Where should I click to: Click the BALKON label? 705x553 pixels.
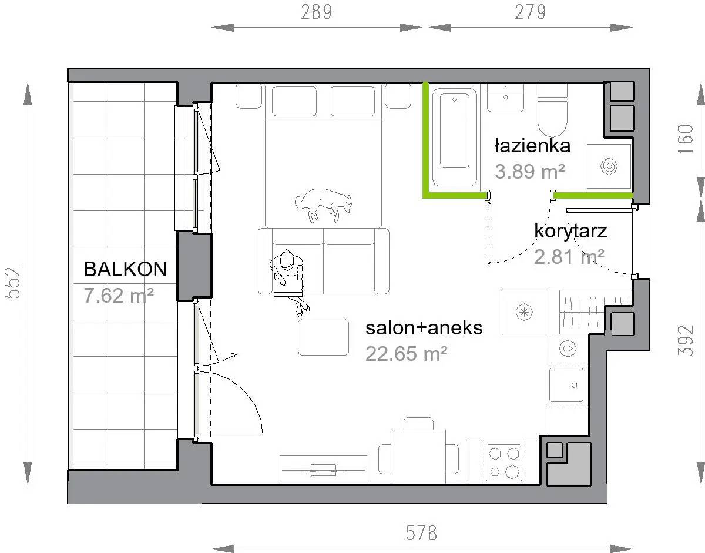[125, 269]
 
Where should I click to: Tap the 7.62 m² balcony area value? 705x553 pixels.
[119, 296]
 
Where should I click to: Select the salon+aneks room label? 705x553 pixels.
[424, 328]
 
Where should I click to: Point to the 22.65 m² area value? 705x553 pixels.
[407, 353]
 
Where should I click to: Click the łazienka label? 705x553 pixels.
[532, 145]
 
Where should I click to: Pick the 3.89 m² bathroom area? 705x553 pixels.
[530, 172]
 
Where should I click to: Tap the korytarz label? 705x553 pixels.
[570, 232]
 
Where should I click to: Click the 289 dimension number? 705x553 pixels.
[317, 12]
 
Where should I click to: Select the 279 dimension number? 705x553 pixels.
[531, 12]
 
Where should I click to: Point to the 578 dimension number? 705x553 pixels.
[422, 533]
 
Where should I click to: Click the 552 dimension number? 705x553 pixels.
[13, 282]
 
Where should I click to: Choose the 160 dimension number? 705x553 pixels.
[686, 139]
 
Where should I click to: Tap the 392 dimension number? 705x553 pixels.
[686, 340]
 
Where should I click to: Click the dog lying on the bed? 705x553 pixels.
[323, 205]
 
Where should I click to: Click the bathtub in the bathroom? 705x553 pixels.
[455, 135]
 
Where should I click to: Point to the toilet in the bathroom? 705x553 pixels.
[552, 110]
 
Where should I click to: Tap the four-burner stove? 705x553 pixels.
[504, 462]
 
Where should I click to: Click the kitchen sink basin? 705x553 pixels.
[566, 385]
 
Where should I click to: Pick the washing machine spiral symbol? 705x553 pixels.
[609, 166]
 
